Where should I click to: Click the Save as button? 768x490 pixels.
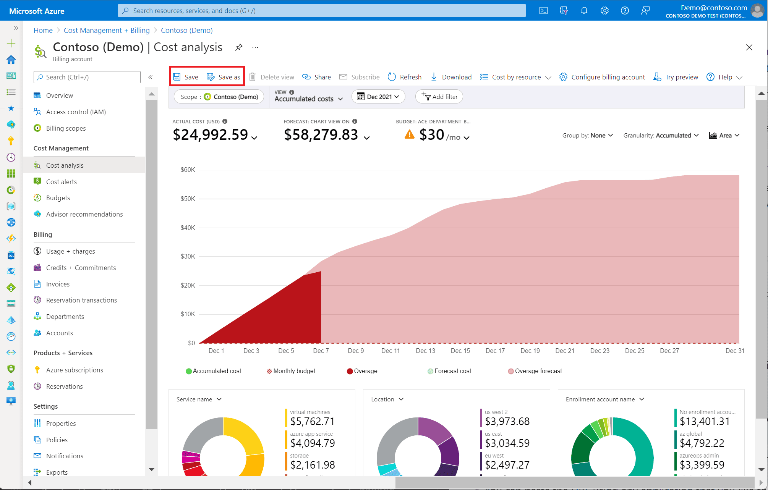point(224,77)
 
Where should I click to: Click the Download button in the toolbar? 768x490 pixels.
point(451,77)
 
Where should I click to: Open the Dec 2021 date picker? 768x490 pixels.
point(378,97)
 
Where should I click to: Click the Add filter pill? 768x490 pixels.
point(439,97)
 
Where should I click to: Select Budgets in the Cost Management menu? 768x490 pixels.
point(58,198)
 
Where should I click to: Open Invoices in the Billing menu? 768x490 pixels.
point(58,284)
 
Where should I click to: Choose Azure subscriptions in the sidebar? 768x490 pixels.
point(75,370)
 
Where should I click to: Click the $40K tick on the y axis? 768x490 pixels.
point(188,228)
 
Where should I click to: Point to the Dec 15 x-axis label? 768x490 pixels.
point(460,351)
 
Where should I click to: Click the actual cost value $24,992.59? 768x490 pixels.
point(211,135)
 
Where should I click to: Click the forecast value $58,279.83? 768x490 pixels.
point(321,135)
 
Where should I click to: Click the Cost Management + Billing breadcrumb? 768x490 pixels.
point(107,31)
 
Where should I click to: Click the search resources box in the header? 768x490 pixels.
point(322,11)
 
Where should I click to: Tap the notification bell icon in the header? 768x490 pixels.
point(584,11)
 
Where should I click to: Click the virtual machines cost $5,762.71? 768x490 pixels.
point(312,421)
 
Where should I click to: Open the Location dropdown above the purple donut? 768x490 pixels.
point(387,399)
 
